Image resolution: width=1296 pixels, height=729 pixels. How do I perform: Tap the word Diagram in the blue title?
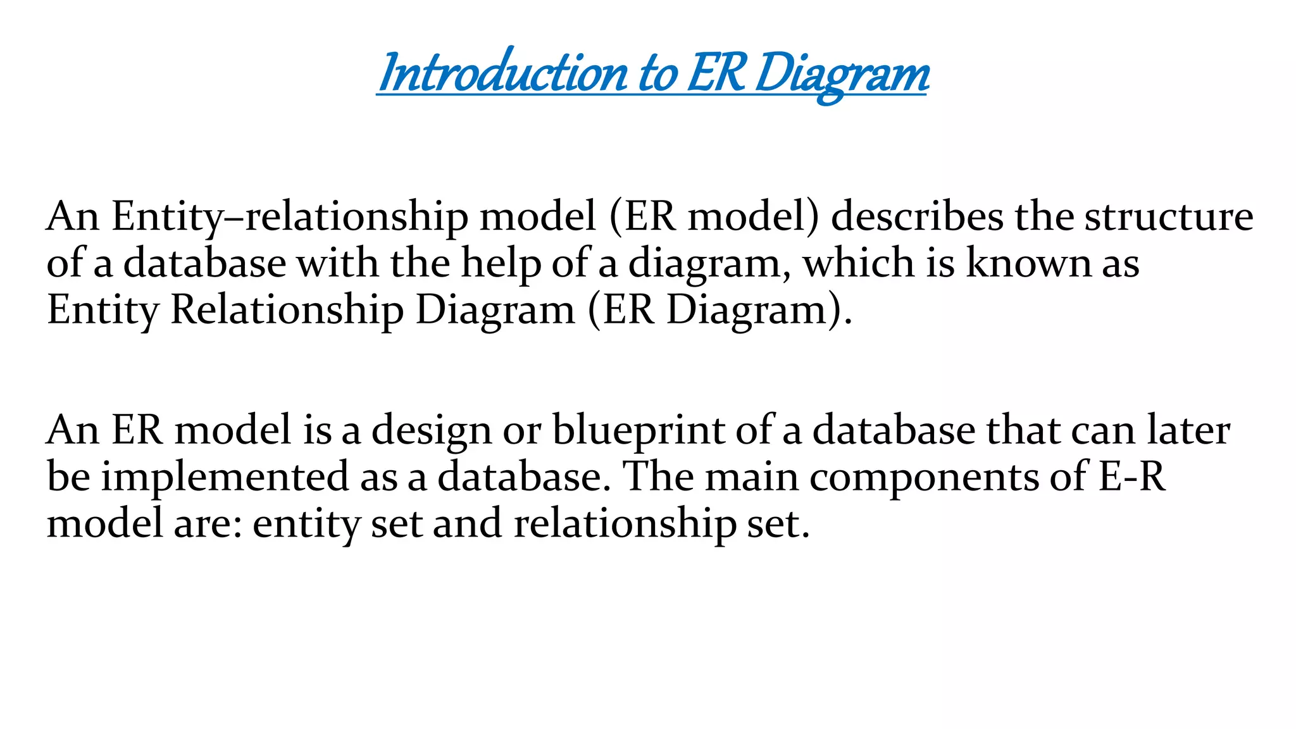[842, 74]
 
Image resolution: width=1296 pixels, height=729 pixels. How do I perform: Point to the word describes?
[917, 217]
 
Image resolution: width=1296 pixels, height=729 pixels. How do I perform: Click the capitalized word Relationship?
[287, 311]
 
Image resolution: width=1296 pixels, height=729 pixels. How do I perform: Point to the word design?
[431, 431]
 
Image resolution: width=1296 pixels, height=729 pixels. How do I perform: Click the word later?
[1189, 430]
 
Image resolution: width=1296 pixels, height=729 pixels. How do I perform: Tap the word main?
[751, 477]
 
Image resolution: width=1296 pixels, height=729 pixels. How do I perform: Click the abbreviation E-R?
[1132, 477]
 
